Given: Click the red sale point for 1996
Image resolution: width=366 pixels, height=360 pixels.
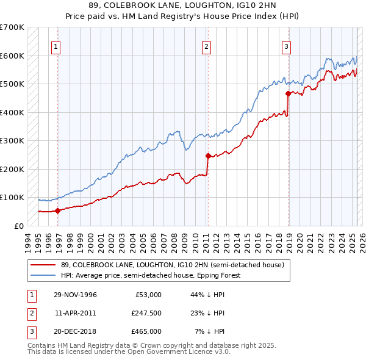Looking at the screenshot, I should point(58,211).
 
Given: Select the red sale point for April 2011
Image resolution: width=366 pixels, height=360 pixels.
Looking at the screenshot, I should point(208,156).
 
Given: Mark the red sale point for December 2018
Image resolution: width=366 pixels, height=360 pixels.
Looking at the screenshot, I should point(288,94).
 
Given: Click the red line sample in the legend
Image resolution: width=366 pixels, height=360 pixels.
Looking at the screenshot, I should point(42,265).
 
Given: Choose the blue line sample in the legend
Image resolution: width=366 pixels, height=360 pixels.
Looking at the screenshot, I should point(42,275).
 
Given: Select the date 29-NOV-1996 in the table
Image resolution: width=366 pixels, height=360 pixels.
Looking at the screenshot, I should point(76,295).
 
